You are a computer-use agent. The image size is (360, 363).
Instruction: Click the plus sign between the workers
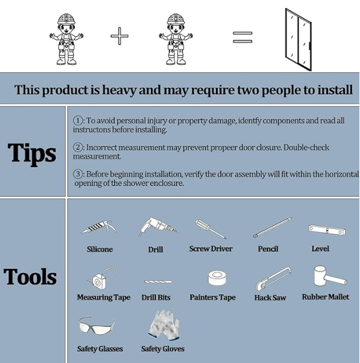119,36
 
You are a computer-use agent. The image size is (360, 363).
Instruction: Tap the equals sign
243,37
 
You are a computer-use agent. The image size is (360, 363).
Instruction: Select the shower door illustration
298,39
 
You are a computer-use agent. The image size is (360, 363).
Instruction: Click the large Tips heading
32,153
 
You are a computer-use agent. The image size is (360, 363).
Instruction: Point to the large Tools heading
30,276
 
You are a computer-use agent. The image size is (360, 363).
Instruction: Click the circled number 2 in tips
78,147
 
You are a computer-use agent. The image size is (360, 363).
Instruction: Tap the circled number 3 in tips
78,174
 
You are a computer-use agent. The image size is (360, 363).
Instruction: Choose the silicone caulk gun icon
99,227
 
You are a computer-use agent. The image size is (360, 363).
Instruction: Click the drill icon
158,226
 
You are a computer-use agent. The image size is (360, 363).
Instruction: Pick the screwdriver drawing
210,229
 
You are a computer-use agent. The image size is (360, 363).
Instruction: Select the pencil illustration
273,228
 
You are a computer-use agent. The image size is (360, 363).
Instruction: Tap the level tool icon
327,230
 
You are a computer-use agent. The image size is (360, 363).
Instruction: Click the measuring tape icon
102,279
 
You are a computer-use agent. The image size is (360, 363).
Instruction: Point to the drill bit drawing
158,282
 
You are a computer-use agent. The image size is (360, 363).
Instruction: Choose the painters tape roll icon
216,278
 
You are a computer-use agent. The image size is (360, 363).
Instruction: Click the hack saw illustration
273,279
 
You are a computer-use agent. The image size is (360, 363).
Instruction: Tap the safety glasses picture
97,325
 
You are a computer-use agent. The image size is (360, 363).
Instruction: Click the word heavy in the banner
119,90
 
